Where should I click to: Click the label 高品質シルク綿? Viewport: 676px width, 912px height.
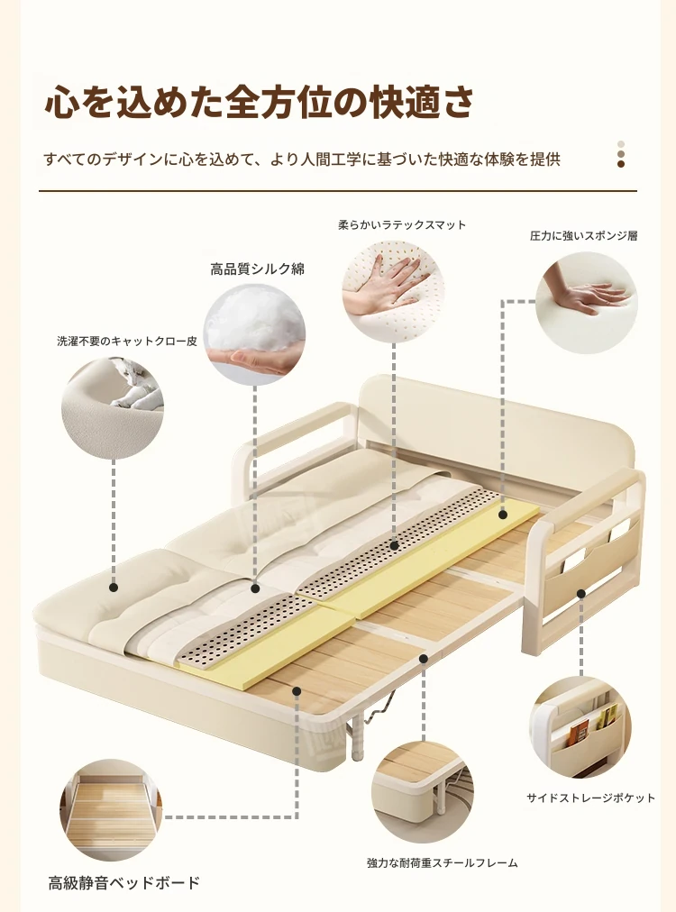tap(257, 269)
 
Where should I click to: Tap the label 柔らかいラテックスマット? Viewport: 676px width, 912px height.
tap(402, 225)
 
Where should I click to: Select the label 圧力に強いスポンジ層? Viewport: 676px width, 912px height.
tap(583, 235)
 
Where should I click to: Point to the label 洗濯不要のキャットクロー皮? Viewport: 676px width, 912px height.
tap(127, 342)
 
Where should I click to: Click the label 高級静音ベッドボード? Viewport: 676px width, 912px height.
tap(123, 883)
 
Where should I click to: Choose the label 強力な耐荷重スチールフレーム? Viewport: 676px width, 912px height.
tap(443, 863)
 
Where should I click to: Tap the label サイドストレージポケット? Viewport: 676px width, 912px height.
tap(590, 798)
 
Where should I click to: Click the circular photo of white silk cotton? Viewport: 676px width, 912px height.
tap(254, 334)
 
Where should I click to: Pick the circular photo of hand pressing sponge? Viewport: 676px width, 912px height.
tap(587, 303)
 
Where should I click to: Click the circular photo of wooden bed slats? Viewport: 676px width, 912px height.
tap(112, 809)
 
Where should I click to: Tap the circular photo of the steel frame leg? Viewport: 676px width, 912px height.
tap(423, 792)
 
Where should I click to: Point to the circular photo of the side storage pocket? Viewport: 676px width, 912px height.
tap(580, 727)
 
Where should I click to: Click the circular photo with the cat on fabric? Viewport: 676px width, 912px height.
tap(113, 408)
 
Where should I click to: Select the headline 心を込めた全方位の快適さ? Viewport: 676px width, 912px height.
tap(259, 102)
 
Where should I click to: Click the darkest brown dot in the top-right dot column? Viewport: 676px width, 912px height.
tap(621, 164)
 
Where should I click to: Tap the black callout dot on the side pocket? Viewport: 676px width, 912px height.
tap(580, 593)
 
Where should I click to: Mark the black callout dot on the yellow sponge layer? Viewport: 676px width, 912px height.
tap(503, 515)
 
